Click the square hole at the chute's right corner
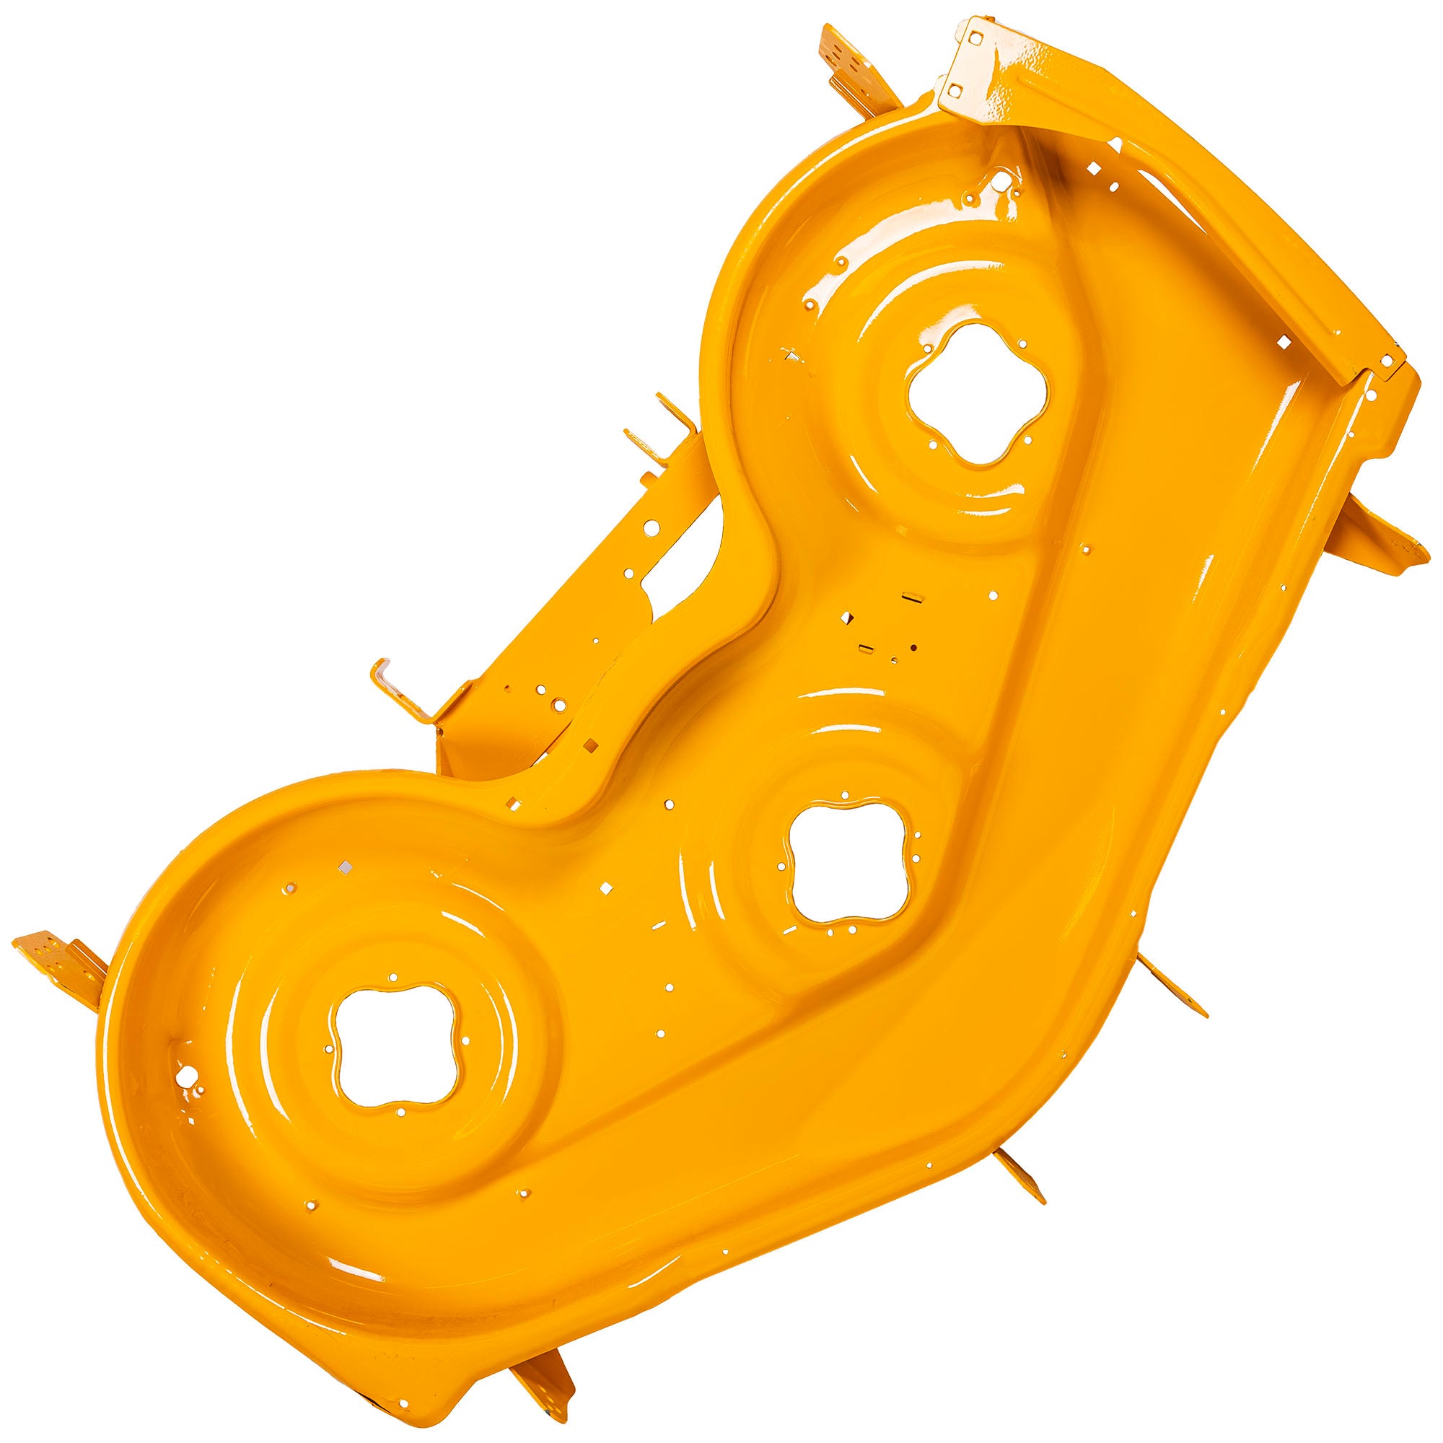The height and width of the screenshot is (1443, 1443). (1387, 361)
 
